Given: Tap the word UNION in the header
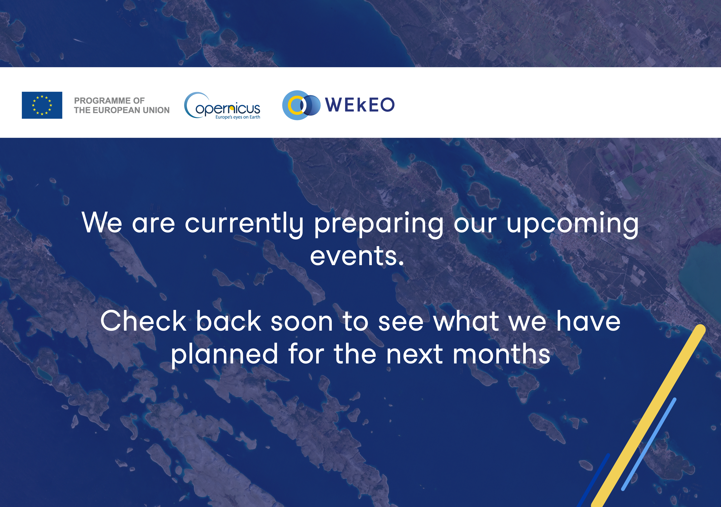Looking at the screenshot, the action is pos(156,110).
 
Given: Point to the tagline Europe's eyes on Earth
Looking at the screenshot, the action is pos(238,117).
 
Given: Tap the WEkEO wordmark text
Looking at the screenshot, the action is pos(360,105).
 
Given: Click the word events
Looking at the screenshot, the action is pos(357,256).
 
